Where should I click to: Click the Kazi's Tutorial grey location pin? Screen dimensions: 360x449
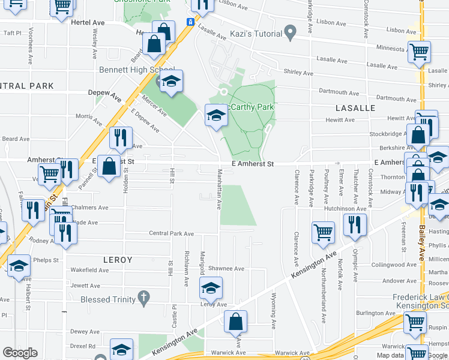click(x=291, y=32)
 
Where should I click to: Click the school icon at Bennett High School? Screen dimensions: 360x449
click(x=171, y=82)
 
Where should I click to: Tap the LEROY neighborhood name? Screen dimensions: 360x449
click(x=118, y=260)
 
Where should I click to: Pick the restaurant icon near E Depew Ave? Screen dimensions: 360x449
click(x=120, y=138)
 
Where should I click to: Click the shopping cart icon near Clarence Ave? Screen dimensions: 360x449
click(x=324, y=233)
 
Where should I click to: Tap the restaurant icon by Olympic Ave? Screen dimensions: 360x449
click(x=354, y=224)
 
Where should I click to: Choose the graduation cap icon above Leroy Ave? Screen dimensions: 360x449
click(x=210, y=289)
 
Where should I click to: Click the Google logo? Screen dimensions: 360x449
click(x=20, y=353)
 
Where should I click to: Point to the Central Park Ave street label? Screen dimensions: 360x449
click(x=172, y=233)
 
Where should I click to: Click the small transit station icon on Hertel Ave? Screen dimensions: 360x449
click(x=190, y=22)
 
